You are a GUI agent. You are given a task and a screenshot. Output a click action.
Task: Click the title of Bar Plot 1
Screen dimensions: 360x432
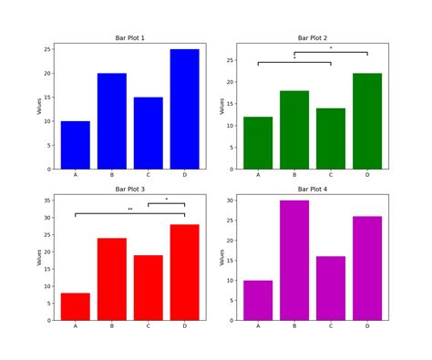tap(129, 38)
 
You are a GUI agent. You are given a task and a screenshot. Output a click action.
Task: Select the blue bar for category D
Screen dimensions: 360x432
tap(184, 109)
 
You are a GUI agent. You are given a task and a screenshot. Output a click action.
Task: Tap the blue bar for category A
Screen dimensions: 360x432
tap(76, 145)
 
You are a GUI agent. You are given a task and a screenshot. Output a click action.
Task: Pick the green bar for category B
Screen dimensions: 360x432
tap(294, 129)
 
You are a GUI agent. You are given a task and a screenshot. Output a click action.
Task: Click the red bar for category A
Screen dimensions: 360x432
tap(76, 306)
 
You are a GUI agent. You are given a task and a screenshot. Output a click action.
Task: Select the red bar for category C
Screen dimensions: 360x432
tap(149, 287)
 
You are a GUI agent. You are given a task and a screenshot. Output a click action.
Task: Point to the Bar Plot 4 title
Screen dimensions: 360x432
tap(312, 190)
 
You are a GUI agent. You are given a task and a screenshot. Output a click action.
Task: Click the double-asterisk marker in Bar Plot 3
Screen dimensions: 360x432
tap(130, 210)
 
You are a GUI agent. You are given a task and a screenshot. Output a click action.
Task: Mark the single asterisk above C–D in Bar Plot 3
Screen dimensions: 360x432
tap(167, 200)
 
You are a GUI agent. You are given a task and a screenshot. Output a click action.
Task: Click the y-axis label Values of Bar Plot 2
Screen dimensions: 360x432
tap(221, 106)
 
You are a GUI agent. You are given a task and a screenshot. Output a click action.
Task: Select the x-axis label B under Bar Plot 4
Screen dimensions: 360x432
tap(294, 326)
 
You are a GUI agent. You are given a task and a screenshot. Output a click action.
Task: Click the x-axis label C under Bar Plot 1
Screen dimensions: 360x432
tap(149, 175)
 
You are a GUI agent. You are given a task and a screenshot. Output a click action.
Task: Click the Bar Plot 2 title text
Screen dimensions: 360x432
tap(312, 38)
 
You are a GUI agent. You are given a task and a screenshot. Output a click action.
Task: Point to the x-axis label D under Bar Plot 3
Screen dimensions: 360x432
tap(184, 326)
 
